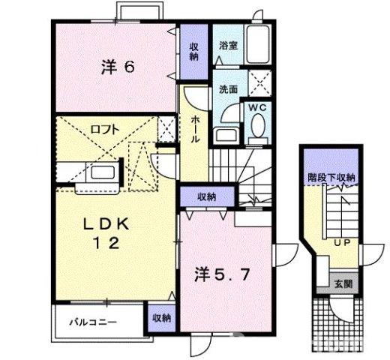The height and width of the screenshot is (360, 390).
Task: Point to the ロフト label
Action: (104, 128)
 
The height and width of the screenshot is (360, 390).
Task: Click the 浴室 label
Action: (228, 46)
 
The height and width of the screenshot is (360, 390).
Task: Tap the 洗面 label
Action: (228, 88)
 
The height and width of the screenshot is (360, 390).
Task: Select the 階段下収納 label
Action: (331, 178)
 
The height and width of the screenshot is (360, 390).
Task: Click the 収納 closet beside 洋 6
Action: (193, 51)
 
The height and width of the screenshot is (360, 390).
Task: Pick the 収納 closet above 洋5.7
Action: (207, 196)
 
